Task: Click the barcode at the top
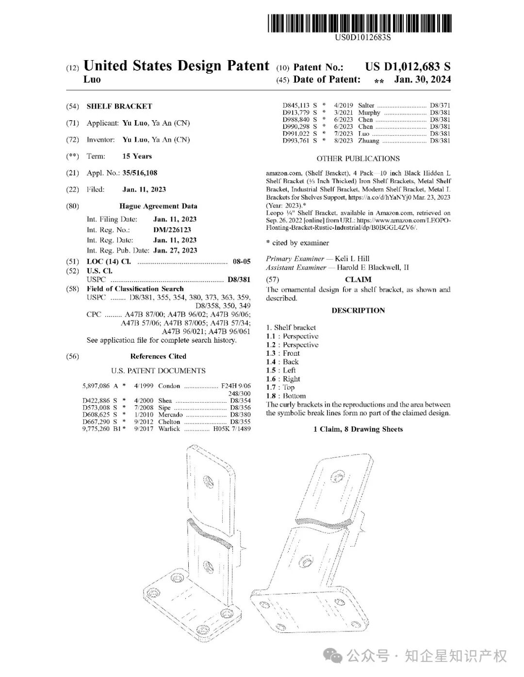click(359, 23)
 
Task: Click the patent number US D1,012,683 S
click(408, 67)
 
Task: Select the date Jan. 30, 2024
click(422, 79)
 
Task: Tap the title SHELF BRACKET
click(119, 106)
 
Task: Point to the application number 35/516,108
click(140, 173)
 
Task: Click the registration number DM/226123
click(172, 230)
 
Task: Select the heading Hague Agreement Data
click(158, 206)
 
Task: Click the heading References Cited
click(158, 356)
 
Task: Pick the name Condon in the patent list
click(169, 386)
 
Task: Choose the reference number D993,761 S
click(299, 141)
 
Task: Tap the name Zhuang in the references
click(369, 141)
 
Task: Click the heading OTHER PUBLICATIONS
click(358, 158)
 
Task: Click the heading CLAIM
click(358, 280)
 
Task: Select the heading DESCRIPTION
click(358, 311)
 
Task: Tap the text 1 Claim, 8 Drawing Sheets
click(358, 429)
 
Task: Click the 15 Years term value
click(137, 156)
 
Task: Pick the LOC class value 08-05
click(242, 261)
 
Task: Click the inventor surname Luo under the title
click(92, 79)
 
